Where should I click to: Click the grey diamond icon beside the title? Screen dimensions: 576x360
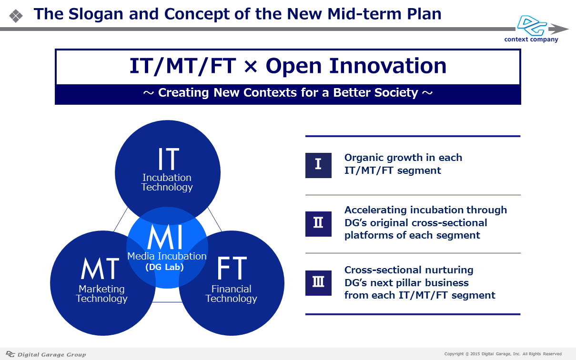click(x=16, y=16)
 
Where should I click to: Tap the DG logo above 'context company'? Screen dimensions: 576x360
click(x=532, y=25)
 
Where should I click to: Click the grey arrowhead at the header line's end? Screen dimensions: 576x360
click(x=558, y=29)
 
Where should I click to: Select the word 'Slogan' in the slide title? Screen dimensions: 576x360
click(x=96, y=14)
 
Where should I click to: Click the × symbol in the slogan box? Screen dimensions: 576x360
click(x=251, y=67)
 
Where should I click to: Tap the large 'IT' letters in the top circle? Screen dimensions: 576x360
click(x=169, y=159)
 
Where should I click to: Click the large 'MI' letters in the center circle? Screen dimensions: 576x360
click(x=165, y=237)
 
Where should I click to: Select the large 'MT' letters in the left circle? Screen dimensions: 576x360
click(x=100, y=268)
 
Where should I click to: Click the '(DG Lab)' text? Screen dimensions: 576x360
click(x=164, y=267)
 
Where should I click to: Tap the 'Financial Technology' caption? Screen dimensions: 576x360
click(x=231, y=294)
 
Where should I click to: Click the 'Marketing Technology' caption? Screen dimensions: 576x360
click(x=101, y=294)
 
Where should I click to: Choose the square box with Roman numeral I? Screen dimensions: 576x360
click(x=318, y=165)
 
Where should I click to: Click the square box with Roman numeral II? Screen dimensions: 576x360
click(x=318, y=224)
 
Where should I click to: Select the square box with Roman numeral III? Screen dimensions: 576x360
click(x=318, y=283)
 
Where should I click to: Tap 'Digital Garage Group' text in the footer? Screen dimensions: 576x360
click(x=51, y=355)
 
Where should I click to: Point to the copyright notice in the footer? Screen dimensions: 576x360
click(x=503, y=354)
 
